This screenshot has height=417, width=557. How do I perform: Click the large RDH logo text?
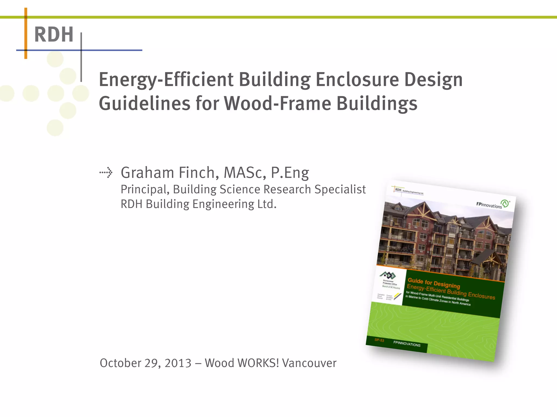click(54, 35)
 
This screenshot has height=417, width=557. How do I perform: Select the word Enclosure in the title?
click(357, 80)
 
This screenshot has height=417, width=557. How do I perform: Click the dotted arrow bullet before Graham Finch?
click(106, 172)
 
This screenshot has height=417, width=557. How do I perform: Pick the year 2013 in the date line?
click(178, 363)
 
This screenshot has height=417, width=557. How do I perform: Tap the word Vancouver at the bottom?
click(309, 363)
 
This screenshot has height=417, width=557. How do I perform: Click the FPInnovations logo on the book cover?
click(493, 204)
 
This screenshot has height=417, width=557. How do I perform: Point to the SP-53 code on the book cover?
click(379, 340)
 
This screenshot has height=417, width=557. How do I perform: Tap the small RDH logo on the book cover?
click(398, 190)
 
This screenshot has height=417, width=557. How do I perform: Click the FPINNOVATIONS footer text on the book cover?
click(407, 344)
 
